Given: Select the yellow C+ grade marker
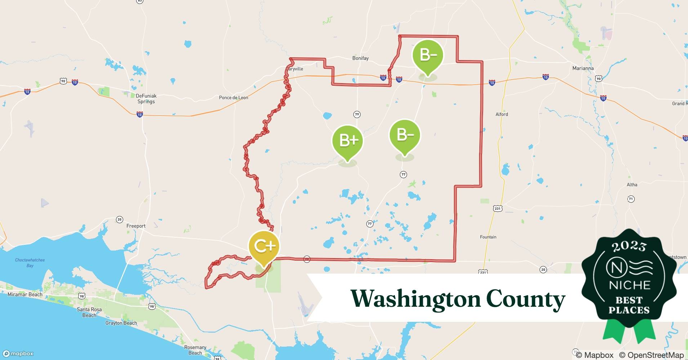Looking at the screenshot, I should pos(264,247).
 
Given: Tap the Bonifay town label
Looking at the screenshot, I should pos(360,58).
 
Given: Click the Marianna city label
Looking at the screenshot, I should pos(583,68).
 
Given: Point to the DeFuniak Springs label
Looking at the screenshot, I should pos(146,99).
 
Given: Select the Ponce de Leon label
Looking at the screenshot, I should pos(233,98).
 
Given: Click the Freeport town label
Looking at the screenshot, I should pos(136,226).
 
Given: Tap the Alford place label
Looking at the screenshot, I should pos(501,114).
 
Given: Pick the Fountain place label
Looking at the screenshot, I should pos(488,237).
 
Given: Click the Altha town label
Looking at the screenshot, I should pos(632,185).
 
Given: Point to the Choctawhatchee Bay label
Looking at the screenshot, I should pos(30,263).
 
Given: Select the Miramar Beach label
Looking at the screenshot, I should pos(25,294).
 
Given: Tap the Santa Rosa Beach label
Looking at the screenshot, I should pos(89,312).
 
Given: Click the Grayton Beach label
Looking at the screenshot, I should pos(121,323).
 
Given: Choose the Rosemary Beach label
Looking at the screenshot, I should pos(195,350).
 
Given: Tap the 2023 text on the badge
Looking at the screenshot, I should pos(629,246).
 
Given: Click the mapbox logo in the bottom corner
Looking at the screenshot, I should pos(18,354).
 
